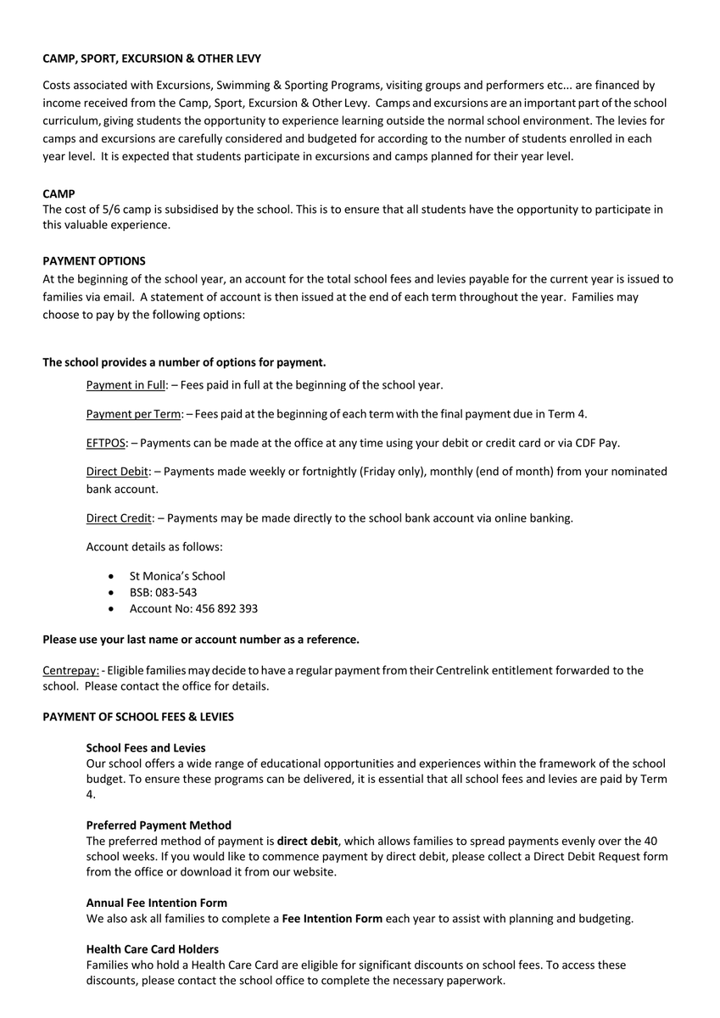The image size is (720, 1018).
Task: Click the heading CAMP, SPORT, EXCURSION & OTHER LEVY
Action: (152, 59)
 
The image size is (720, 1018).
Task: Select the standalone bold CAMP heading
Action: (59, 193)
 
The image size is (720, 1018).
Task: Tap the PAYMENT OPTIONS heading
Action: (94, 260)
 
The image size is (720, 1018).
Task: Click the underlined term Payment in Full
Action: (126, 385)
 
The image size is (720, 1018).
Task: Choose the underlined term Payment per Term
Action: (133, 414)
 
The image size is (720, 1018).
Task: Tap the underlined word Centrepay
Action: (70, 670)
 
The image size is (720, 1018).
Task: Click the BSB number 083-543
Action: (176, 592)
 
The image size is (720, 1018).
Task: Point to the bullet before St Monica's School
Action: (112, 576)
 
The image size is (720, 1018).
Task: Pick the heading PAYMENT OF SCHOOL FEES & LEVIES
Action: (138, 717)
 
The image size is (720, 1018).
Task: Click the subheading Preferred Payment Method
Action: (159, 825)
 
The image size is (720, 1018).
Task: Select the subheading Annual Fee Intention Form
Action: (157, 903)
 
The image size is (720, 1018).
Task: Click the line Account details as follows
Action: (154, 547)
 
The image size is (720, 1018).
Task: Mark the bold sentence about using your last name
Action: (201, 639)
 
